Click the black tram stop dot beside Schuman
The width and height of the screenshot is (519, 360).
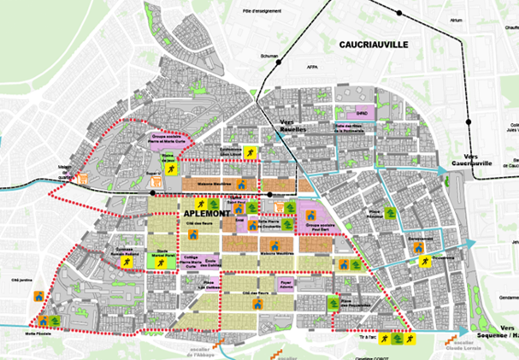point(274,64)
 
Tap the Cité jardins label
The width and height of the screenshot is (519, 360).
point(21,280)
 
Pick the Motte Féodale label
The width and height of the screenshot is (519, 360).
point(38,334)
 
